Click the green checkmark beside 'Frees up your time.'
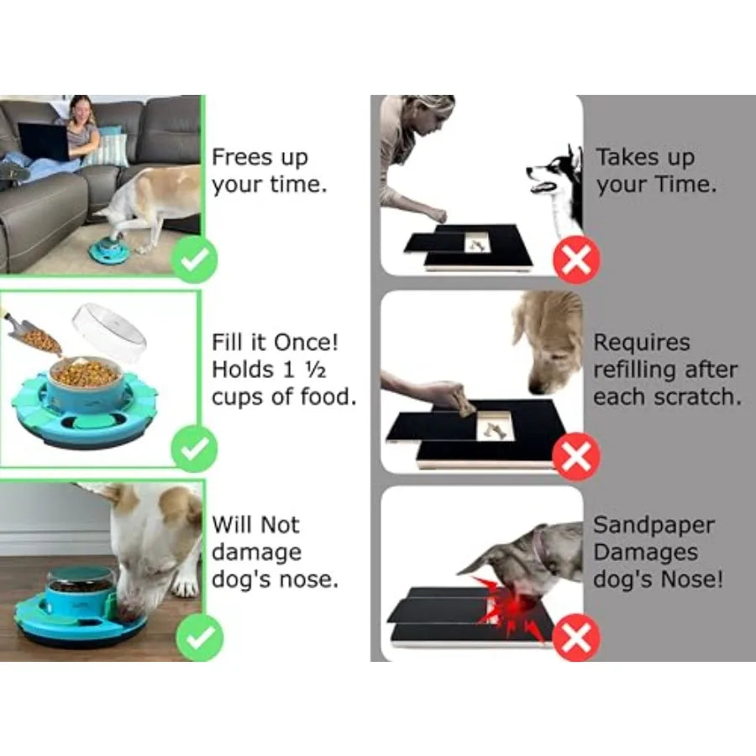[194, 260]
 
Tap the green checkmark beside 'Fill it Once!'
[194, 449]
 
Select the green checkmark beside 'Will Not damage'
[200, 638]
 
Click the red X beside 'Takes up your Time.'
[576, 260]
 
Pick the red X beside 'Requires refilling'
[576, 456]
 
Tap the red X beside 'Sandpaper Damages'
[576, 638]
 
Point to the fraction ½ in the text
[316, 370]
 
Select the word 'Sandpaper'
[654, 526]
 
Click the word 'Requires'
[642, 344]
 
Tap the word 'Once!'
[306, 343]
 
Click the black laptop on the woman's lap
[44, 141]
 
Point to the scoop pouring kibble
[34, 333]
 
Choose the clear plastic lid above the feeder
[109, 332]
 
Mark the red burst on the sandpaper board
[510, 605]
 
